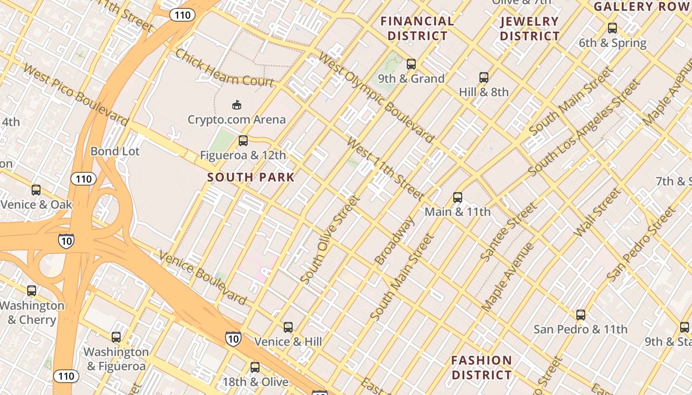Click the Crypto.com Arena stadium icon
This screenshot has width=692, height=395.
tap(237, 105)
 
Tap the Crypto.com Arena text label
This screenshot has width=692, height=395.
tap(236, 119)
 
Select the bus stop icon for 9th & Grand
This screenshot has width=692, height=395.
tap(411, 64)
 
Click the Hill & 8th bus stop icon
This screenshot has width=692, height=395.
tap(484, 78)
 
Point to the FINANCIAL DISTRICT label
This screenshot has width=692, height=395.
tap(417, 29)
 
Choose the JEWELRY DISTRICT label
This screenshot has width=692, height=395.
tap(529, 29)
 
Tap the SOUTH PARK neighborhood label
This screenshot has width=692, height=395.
tap(251, 177)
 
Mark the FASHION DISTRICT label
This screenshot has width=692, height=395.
tap(481, 367)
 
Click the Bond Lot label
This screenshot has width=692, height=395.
tap(115, 151)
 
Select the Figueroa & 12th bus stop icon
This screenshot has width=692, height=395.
tap(243, 141)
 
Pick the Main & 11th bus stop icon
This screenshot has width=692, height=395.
tap(458, 197)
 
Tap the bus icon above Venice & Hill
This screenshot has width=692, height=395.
tap(288, 327)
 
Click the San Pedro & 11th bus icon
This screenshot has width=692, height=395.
tap(581, 315)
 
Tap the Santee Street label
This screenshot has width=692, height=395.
tap(508, 232)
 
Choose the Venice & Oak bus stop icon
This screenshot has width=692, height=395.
tap(36, 190)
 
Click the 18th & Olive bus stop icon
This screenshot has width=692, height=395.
tap(255, 367)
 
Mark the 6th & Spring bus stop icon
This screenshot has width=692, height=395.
tap(612, 28)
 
